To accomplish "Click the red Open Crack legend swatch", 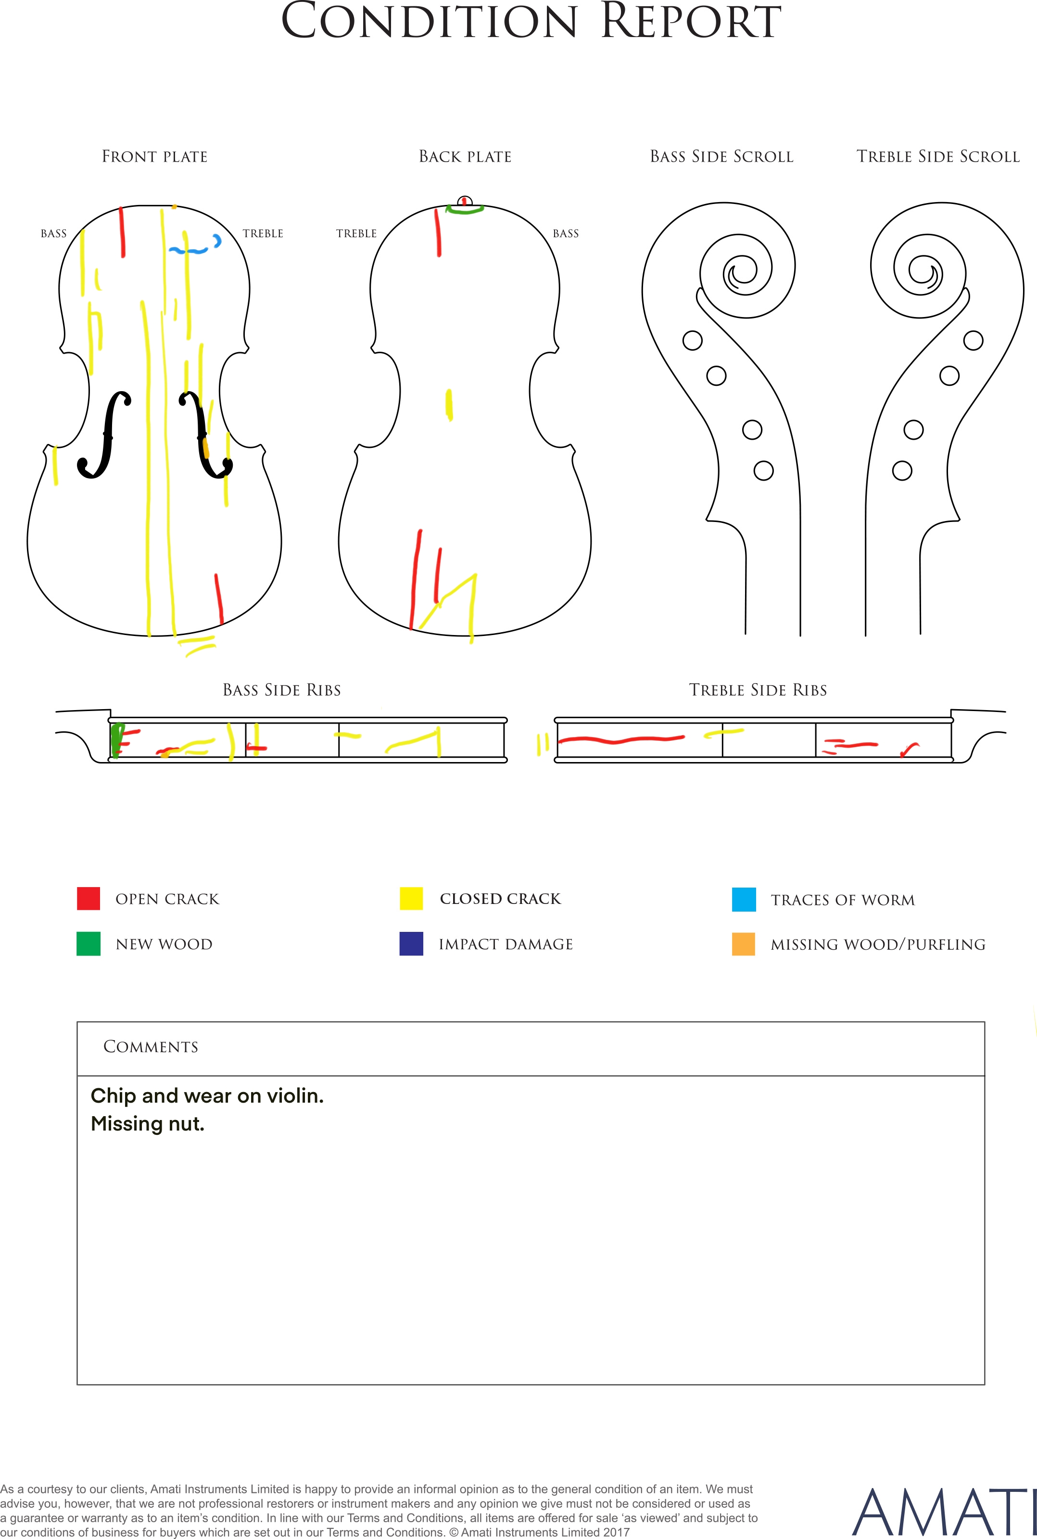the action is tap(89, 898).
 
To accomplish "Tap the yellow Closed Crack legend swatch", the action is tap(411, 898).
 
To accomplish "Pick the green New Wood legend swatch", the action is tap(89, 944).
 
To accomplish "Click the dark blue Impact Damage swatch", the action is tap(411, 944).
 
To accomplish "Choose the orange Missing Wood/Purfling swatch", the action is tap(744, 944).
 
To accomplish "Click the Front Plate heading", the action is tap(155, 157).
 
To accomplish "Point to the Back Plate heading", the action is tap(466, 157).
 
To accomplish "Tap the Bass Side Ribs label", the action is tap(282, 690).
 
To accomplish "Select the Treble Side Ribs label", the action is tap(758, 690).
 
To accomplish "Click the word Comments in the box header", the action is tap(151, 1046).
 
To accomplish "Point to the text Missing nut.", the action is tap(148, 1124).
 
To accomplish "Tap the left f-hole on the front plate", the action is tap(104, 434).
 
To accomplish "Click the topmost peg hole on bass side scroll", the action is tap(693, 341).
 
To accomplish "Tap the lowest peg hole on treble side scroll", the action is tap(902, 471).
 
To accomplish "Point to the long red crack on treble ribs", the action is tap(621, 739).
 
